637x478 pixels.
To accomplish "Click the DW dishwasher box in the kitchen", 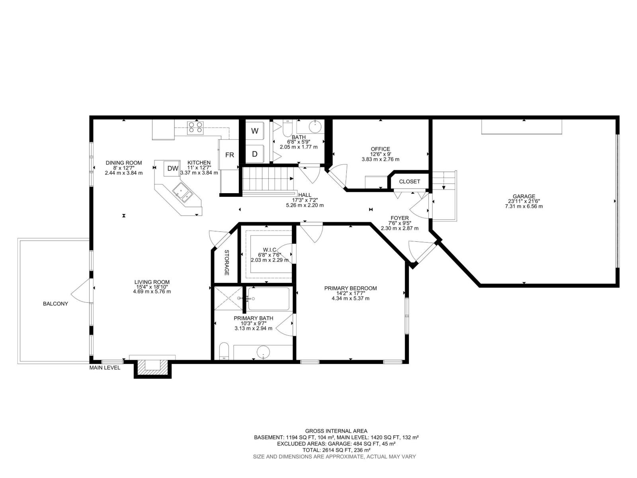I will tap(172, 168).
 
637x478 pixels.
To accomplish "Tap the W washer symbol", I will tap(255, 131).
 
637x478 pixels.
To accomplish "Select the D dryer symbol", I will tap(255, 154).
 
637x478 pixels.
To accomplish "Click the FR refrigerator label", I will tap(230, 155).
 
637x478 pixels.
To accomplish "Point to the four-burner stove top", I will tap(195, 127).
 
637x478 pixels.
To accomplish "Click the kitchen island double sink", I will tap(182, 192).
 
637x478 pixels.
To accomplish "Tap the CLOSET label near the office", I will tap(409, 181).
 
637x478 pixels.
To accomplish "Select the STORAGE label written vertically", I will tap(227, 263).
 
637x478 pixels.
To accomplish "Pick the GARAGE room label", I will tap(524, 196).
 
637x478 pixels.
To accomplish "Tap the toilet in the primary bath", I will tap(224, 352).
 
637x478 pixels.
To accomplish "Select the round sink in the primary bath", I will tap(263, 352).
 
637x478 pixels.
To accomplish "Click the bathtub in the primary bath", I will tap(269, 299).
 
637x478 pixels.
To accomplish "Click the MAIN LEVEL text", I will tap(105, 368).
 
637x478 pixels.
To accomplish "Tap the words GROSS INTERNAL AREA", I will tap(336, 431).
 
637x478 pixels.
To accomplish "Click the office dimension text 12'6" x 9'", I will tap(380, 154).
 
